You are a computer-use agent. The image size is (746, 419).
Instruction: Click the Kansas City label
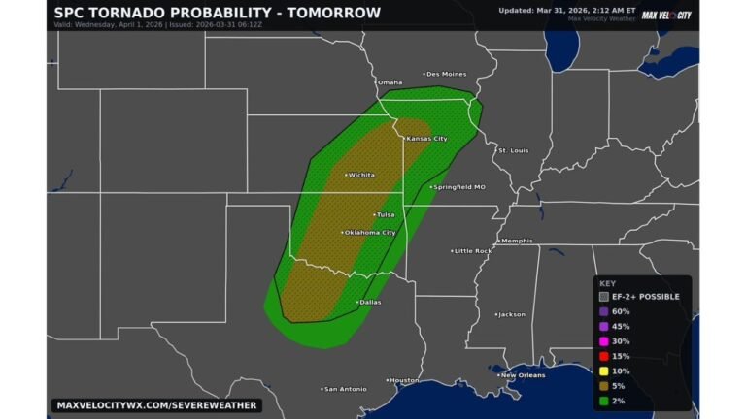point(426,139)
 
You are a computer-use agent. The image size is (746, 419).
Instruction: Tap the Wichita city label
point(360,176)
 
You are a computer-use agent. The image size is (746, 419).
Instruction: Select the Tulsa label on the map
point(387,214)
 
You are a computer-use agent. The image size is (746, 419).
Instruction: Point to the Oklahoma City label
point(370,233)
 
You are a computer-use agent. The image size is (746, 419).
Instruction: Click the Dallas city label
point(370,302)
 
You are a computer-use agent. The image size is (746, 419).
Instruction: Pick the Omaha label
point(390,82)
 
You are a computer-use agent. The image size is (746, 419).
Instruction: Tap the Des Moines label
point(446,74)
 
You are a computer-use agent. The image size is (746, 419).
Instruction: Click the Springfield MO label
point(458,186)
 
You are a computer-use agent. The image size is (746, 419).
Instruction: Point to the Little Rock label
point(473,250)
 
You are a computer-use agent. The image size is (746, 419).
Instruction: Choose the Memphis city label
point(516,241)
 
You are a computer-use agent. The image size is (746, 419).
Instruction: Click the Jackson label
point(512,314)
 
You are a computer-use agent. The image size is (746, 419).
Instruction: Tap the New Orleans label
point(523,374)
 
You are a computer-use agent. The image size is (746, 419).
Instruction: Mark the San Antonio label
point(346,389)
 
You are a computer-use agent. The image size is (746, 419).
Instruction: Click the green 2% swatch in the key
point(604,401)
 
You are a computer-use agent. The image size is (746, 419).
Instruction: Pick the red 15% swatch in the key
point(604,357)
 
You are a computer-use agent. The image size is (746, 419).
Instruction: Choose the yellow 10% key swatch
point(604,371)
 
